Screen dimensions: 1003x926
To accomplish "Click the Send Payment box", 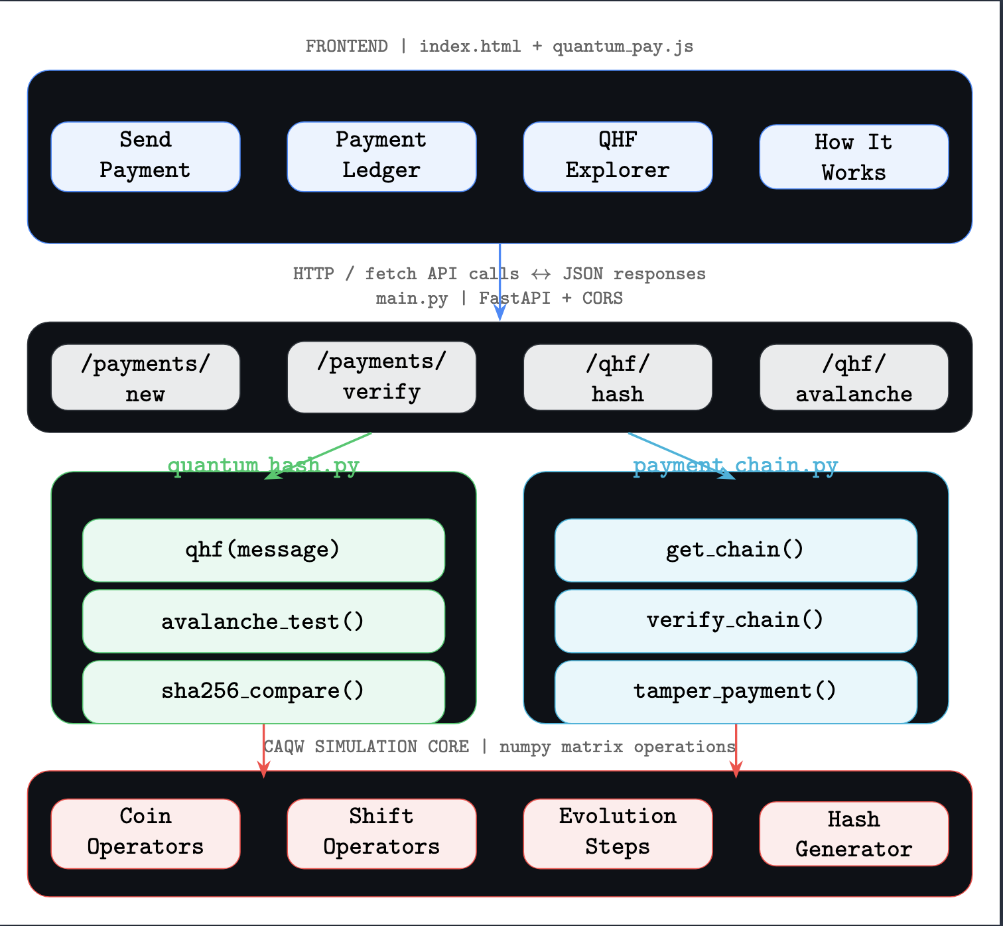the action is click(x=145, y=157).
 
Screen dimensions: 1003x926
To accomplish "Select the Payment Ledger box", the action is click(x=381, y=157).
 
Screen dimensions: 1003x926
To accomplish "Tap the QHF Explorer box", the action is click(x=618, y=157).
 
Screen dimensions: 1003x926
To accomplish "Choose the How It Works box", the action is click(x=854, y=157).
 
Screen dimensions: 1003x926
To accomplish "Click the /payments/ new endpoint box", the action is click(x=145, y=377).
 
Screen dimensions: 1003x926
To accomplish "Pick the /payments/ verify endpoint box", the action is click(x=381, y=377).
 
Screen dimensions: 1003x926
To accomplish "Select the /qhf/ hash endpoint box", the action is click(x=618, y=377).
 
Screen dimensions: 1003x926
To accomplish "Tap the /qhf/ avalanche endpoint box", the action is click(x=854, y=377).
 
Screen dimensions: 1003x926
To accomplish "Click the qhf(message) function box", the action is click(x=263, y=550).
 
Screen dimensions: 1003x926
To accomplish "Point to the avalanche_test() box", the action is click(x=263, y=621).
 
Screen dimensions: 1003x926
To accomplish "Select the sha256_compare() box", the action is click(x=263, y=692).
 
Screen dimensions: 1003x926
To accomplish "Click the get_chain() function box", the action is click(x=736, y=550).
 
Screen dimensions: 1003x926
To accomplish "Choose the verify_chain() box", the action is click(x=736, y=621).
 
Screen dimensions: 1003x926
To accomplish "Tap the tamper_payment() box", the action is click(x=736, y=692).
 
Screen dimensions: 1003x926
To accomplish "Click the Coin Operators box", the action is click(x=145, y=834).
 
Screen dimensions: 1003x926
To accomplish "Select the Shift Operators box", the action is click(x=381, y=834).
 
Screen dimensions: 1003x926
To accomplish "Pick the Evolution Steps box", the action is click(x=618, y=834).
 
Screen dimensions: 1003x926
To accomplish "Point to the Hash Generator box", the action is click(x=854, y=834).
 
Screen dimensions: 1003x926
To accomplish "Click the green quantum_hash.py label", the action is click(x=263, y=465).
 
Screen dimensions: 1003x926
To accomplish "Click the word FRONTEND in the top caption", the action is click(x=346, y=46).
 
